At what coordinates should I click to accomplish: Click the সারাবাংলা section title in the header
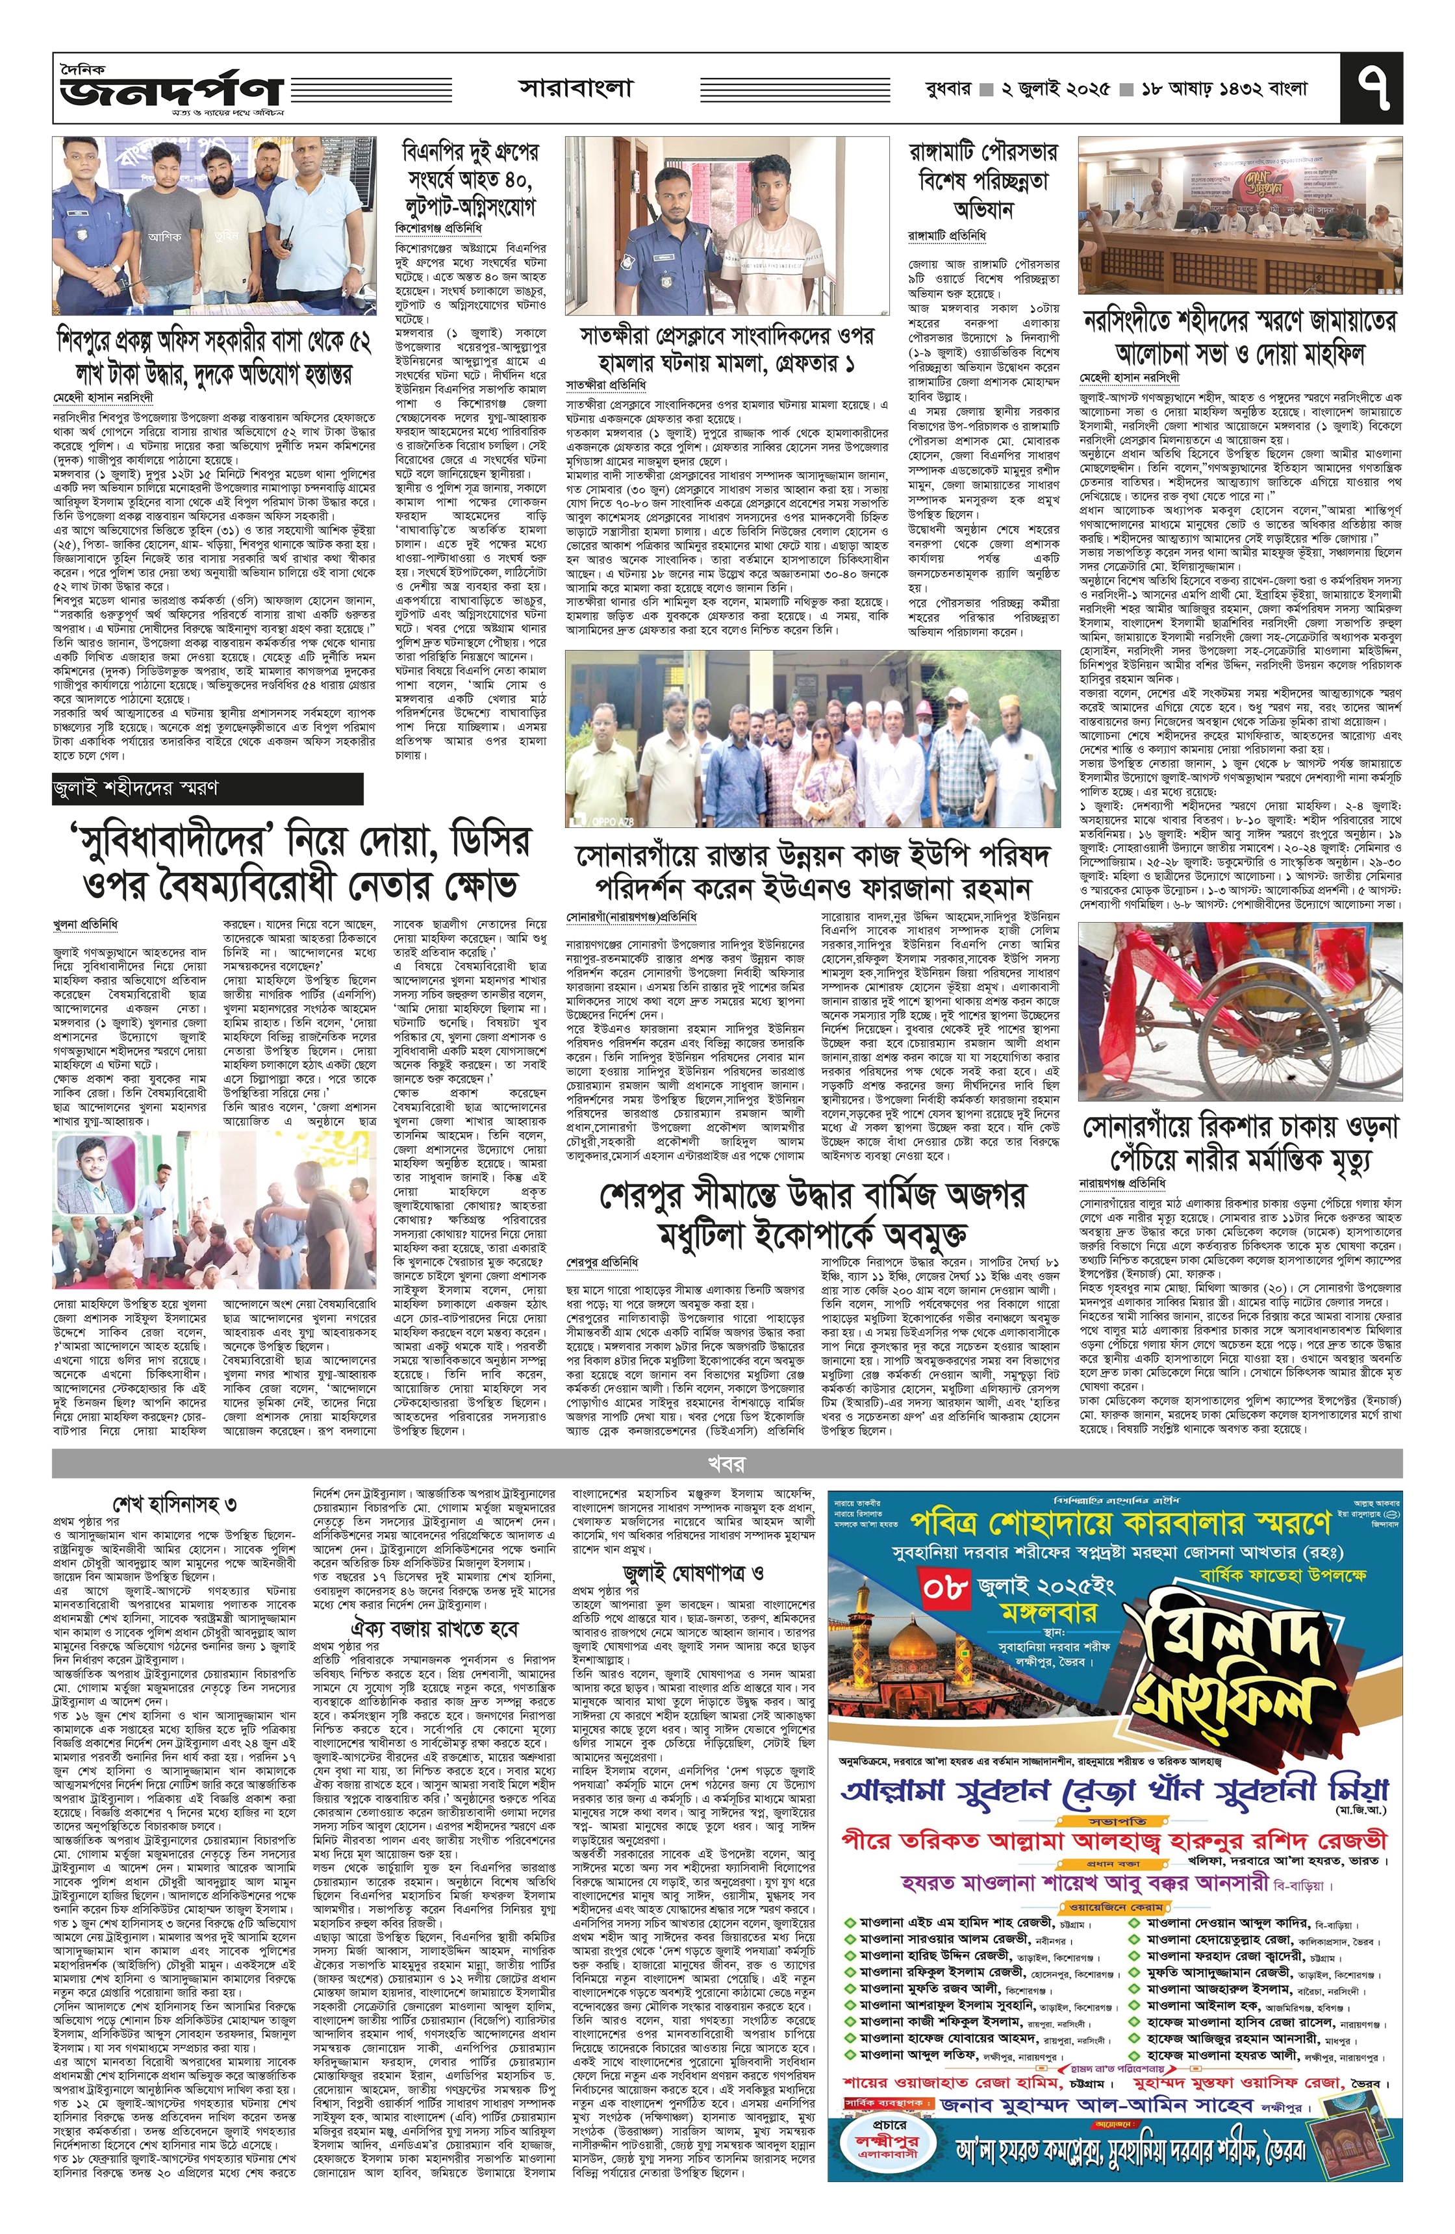(576, 89)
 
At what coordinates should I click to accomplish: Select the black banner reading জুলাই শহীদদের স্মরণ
(207, 788)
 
